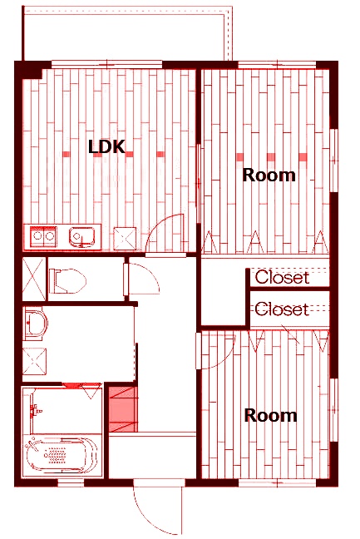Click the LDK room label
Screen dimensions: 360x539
[106, 146]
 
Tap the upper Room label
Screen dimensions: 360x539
[269, 175]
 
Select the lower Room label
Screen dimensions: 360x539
[270, 415]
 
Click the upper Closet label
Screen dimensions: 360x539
[282, 277]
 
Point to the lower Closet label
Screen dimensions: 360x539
[282, 309]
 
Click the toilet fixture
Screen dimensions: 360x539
[67, 281]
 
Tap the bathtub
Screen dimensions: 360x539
[59, 455]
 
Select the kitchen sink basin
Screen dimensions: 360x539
[82, 238]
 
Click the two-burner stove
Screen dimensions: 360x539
[43, 236]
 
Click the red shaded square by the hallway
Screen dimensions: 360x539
[123, 408]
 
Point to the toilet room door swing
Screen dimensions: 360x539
[151, 271]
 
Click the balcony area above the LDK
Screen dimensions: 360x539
[127, 34]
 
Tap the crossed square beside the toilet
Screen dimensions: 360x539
[34, 279]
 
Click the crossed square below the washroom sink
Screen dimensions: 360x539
[34, 361]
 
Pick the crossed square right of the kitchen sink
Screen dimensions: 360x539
[125, 238]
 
